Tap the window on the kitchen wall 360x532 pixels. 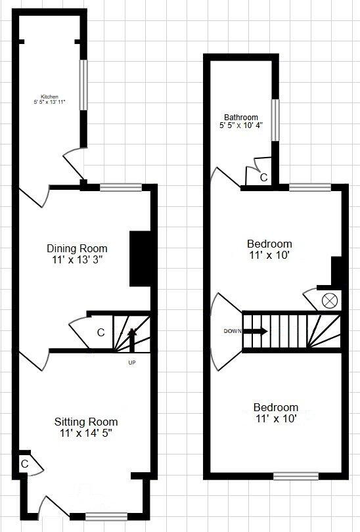[83, 85]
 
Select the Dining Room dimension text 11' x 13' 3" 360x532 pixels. [77, 259]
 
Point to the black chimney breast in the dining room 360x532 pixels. [139, 258]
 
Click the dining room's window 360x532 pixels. [120, 187]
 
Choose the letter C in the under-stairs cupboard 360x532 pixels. [101, 333]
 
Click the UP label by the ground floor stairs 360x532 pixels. [132, 362]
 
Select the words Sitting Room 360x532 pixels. [86, 422]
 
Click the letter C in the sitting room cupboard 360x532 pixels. [24, 463]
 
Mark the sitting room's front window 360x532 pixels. [89, 516]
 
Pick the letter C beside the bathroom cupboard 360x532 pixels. [263, 177]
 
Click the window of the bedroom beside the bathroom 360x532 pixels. [310, 188]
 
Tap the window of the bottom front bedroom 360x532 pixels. [296, 476]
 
